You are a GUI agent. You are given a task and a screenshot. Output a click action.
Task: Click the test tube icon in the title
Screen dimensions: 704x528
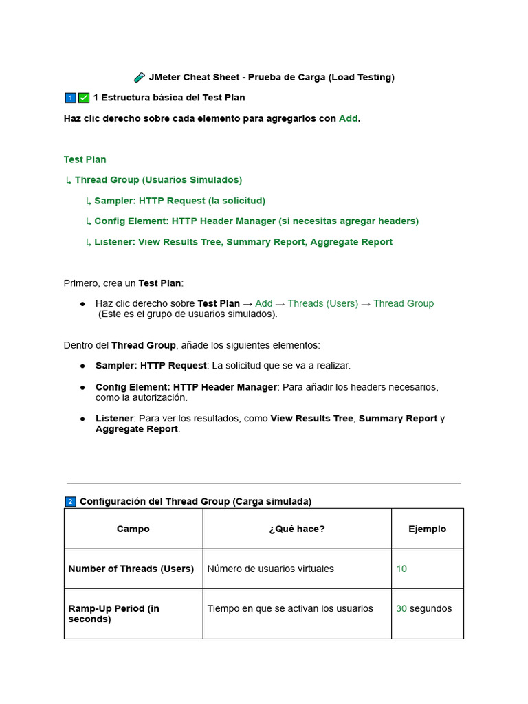click(140, 78)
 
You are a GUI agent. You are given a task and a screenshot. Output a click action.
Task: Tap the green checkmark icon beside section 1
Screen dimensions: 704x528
click(84, 98)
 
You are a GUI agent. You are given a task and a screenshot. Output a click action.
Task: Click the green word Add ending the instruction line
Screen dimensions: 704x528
click(348, 118)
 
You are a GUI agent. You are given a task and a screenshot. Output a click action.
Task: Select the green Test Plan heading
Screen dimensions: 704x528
click(85, 159)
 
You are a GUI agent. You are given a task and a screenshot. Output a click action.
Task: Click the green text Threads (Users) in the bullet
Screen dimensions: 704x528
click(322, 303)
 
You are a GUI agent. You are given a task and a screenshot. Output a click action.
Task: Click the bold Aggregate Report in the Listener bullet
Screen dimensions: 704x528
click(137, 429)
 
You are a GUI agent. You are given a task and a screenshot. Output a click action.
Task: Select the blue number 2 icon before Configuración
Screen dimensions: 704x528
click(70, 502)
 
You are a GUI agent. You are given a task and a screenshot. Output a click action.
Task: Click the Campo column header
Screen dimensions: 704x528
click(133, 529)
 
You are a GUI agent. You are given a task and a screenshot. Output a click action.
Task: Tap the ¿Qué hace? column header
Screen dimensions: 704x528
click(297, 529)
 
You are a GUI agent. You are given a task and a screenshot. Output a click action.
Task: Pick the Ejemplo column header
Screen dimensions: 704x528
click(427, 529)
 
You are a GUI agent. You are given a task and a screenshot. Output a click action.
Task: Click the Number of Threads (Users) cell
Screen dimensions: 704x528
click(131, 569)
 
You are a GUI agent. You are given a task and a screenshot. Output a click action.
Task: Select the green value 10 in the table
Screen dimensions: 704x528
click(401, 569)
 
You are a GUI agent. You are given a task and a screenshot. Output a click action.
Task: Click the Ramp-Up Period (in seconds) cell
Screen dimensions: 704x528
click(113, 613)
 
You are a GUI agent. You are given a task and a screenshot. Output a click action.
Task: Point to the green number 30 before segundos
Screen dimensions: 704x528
click(401, 608)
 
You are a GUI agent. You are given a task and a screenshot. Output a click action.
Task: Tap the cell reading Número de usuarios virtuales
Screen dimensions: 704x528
click(270, 569)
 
